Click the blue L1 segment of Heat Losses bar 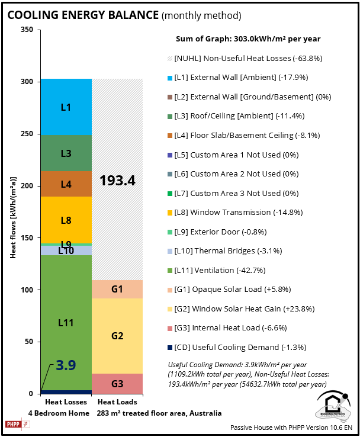coord(66,107)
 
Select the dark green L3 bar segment coord(66,153)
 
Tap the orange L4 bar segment coord(66,184)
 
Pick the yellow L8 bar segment coord(66,220)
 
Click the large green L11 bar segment coord(66,323)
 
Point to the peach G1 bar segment coord(117,289)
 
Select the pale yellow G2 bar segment coord(117,336)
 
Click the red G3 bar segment coord(117,384)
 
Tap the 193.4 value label coord(117,180)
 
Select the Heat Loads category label coord(117,403)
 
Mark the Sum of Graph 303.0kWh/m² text coord(248,39)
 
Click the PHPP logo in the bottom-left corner coord(17,424)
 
